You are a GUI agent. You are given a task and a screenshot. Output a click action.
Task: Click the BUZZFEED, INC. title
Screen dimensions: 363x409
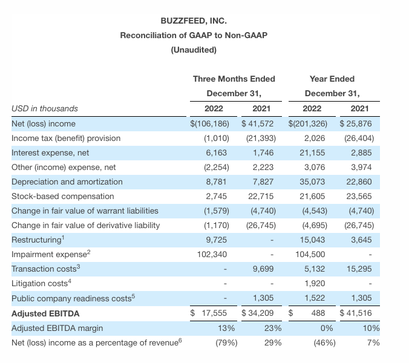[x=194, y=21]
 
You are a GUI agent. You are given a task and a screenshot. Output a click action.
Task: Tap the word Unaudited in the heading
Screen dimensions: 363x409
[x=194, y=50]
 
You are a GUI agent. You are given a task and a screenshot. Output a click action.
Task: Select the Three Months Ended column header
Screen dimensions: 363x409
[x=234, y=79]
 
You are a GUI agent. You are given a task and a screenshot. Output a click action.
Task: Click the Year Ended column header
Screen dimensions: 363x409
[x=332, y=79]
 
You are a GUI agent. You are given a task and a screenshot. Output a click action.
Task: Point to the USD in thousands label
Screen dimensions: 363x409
[x=45, y=109]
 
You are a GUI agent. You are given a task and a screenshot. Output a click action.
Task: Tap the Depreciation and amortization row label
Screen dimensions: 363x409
[x=67, y=181]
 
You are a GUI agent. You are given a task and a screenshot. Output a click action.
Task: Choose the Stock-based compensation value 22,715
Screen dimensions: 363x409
[x=257, y=196]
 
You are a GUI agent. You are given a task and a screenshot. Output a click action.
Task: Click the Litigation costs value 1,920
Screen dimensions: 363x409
[x=309, y=283]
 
